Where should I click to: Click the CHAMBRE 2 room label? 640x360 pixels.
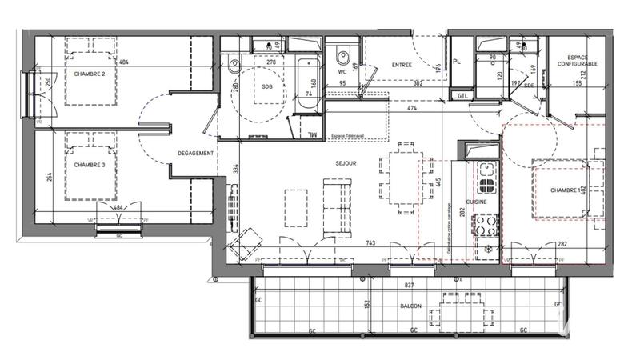pos(90,74)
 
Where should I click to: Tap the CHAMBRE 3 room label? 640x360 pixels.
pos(90,165)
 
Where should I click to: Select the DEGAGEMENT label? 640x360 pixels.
pos(195,154)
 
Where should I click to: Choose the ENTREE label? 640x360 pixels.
pos(402,65)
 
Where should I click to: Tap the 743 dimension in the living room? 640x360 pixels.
pos(370,242)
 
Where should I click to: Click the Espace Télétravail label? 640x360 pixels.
pos(347,137)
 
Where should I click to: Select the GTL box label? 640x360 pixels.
pos(462,95)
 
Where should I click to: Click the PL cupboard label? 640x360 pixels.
pos(457,61)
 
